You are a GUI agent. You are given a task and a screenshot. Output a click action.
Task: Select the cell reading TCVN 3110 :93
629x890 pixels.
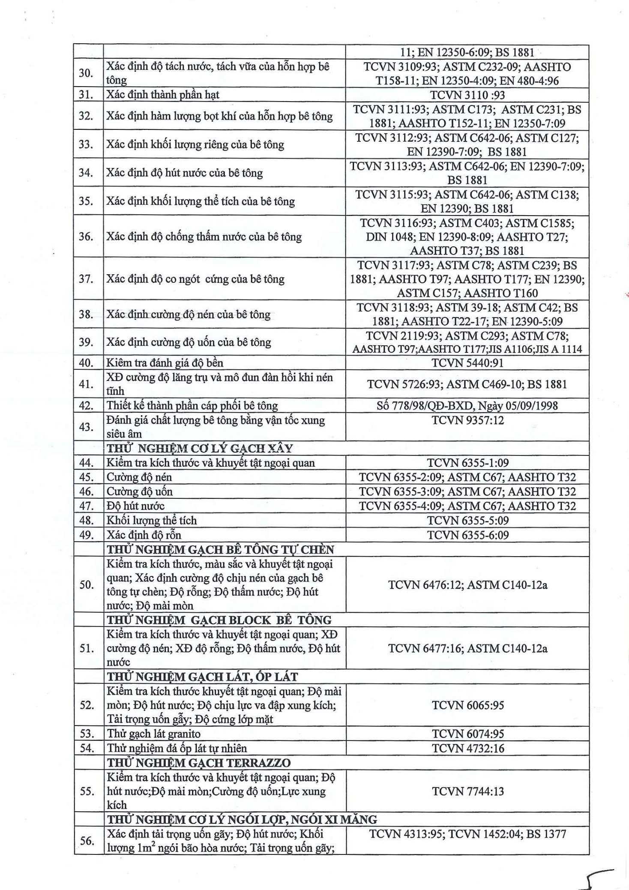[x=467, y=95]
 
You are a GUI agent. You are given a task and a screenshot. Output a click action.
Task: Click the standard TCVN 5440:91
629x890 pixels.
[x=467, y=363]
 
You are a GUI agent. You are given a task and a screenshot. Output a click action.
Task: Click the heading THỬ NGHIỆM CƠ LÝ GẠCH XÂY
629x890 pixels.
[x=200, y=449]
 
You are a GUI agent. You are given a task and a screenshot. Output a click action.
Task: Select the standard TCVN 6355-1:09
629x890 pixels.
[x=467, y=463]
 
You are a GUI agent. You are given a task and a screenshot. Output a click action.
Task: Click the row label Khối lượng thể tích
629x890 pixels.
[x=152, y=521]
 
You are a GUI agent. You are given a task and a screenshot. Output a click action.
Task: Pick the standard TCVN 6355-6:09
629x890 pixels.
[x=467, y=535]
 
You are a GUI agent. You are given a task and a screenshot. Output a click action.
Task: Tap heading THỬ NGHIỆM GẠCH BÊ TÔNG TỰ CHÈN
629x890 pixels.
[x=220, y=549]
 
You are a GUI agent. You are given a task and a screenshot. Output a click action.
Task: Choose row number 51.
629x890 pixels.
[x=87, y=648]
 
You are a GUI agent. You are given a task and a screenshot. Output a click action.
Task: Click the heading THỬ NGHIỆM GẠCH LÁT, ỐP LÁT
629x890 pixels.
[x=202, y=677]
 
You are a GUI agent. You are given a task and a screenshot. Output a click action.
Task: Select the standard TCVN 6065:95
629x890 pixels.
[x=467, y=705]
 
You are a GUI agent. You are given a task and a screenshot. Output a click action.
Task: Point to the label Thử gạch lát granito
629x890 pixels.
[x=153, y=734]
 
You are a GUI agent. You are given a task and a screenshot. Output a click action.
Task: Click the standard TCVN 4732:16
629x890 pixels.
[x=467, y=748]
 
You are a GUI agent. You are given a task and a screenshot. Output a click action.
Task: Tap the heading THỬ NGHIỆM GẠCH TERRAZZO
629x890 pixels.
[x=199, y=763]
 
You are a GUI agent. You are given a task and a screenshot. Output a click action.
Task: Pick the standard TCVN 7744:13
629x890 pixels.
[x=467, y=791]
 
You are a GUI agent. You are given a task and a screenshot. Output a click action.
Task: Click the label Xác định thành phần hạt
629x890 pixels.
[x=163, y=95]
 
